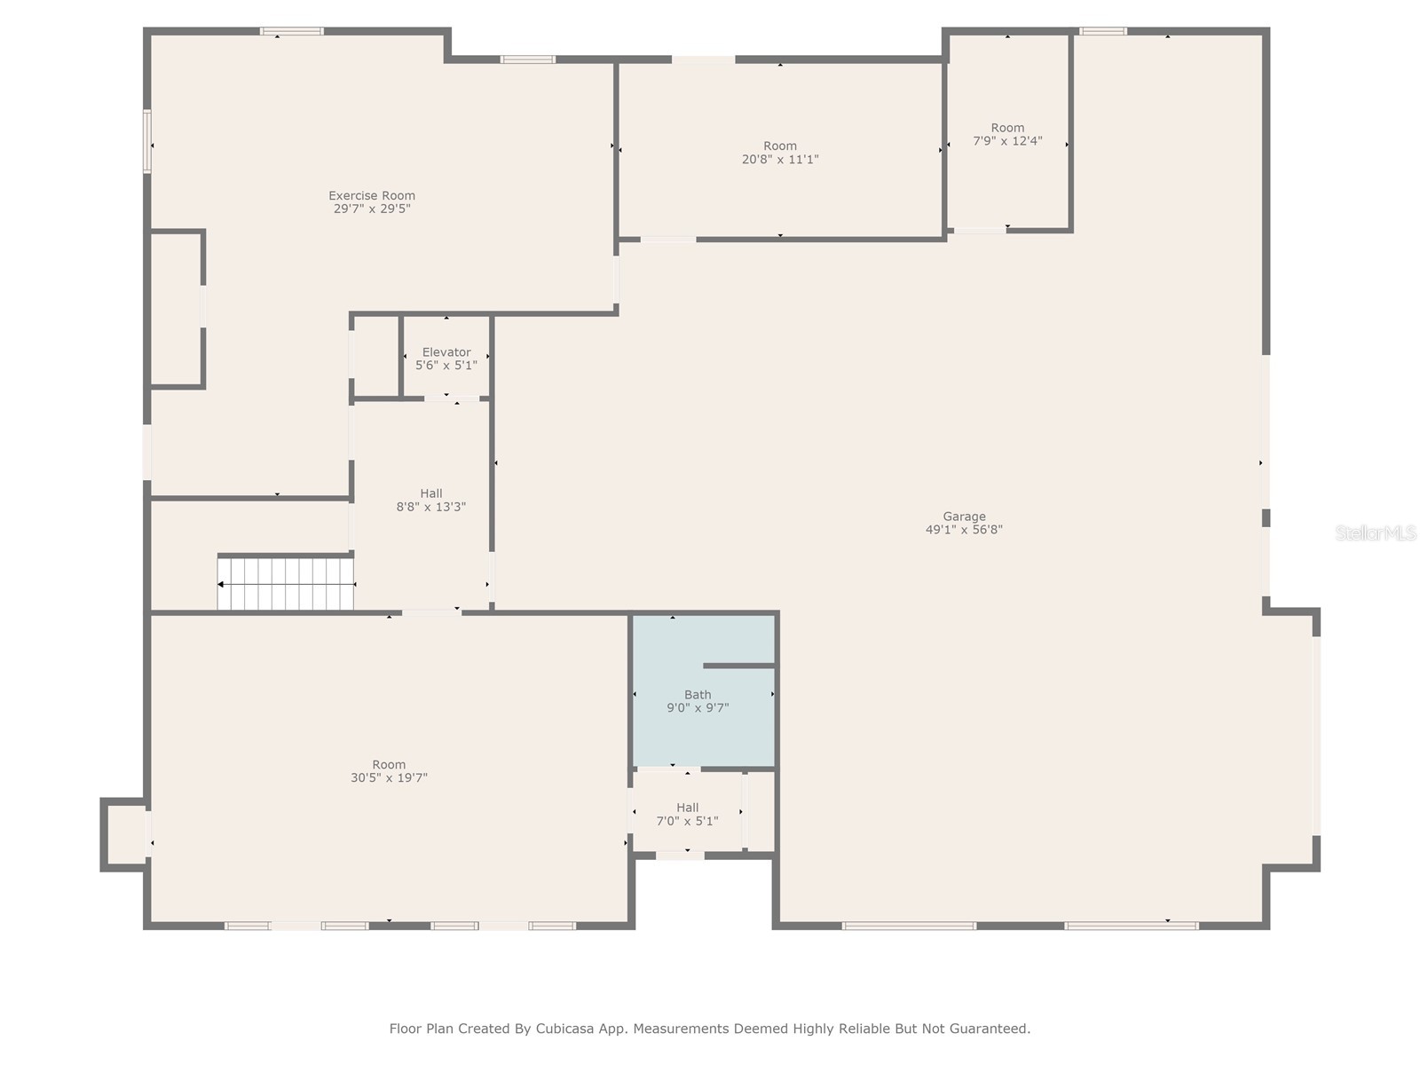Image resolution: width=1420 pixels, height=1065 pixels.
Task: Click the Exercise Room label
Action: coord(372,195)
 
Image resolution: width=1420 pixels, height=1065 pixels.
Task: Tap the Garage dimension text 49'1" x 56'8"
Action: coord(964,530)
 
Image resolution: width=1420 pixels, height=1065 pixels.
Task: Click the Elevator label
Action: coord(446,352)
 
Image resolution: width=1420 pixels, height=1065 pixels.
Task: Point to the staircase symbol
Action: coord(286,584)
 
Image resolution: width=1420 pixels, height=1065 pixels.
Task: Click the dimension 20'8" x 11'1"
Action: coord(780,160)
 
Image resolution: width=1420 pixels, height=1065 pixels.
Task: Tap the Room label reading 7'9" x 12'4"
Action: coord(1007,134)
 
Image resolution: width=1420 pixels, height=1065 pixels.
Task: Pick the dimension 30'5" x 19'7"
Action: coord(389,778)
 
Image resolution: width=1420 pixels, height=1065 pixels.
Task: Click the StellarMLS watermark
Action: coord(1376,533)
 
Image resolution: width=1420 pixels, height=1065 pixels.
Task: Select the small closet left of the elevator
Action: coord(376,357)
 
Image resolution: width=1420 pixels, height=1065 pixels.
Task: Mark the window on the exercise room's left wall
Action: coord(147,141)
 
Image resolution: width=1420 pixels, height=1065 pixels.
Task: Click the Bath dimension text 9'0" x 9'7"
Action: coord(698,708)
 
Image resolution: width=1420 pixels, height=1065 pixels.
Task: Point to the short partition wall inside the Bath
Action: coord(738,665)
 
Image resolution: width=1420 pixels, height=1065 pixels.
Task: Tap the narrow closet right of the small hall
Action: coord(760,811)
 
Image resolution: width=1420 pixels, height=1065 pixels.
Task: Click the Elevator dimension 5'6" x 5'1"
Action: coord(446,366)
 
